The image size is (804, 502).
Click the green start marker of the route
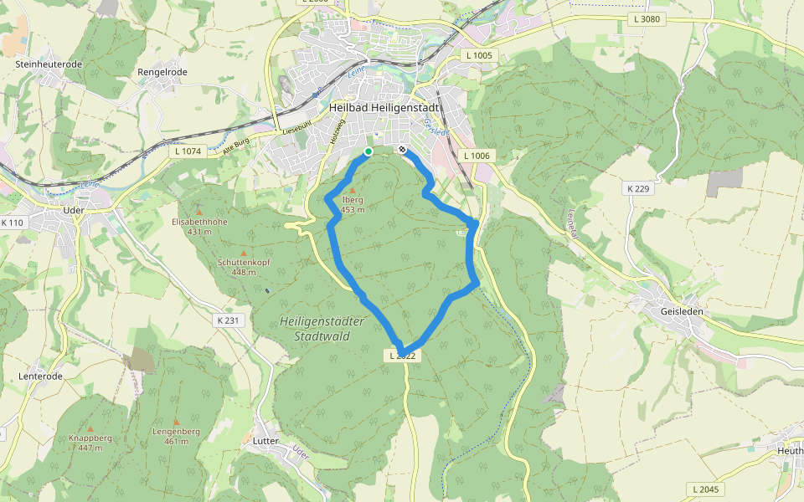coord(368,151)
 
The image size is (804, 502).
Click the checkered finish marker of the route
coord(403,151)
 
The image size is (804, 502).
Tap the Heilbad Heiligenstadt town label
coord(384,107)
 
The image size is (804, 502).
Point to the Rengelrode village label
coord(162,73)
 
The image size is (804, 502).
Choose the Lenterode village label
coord(40,376)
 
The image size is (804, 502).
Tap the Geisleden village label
coord(682,311)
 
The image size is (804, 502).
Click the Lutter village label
coord(265,440)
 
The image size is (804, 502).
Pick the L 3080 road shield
coord(648,18)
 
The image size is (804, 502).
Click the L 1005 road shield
coord(480,55)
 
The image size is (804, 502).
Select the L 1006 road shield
coord(475,156)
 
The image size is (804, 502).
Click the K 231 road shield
coord(228,320)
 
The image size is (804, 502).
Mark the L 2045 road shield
coord(706,489)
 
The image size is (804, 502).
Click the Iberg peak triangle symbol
coord(353,191)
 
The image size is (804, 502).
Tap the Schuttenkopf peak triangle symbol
coord(244,253)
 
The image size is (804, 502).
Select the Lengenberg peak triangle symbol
coord(176,422)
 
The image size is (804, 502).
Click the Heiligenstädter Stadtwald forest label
coord(322,328)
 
